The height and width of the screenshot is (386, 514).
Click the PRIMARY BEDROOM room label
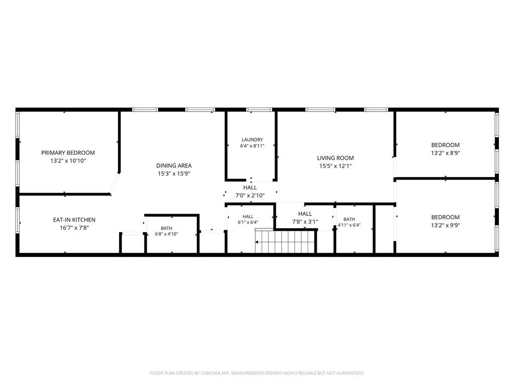(x=68, y=153)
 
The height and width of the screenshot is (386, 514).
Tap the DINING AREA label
(x=174, y=166)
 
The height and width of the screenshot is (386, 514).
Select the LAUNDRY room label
(x=252, y=140)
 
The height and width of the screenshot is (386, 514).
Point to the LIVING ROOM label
(x=335, y=158)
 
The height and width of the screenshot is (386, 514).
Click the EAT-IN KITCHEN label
(x=74, y=220)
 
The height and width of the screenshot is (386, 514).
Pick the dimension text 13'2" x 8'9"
(x=445, y=153)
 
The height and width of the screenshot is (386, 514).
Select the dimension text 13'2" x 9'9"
(x=445, y=225)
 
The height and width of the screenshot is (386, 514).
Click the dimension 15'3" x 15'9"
(x=174, y=173)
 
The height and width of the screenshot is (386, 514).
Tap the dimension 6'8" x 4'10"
(x=166, y=234)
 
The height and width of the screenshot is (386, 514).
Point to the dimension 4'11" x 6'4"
(x=349, y=225)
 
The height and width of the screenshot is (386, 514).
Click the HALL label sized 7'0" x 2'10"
(x=250, y=188)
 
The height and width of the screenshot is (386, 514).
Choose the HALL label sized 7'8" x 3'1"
(x=305, y=214)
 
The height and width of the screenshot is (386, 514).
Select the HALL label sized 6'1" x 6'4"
(x=248, y=217)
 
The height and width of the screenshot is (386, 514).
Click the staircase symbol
(x=286, y=241)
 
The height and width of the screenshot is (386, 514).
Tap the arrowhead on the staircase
(x=257, y=242)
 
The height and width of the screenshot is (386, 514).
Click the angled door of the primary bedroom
(x=115, y=183)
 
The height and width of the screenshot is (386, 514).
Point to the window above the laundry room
(x=259, y=110)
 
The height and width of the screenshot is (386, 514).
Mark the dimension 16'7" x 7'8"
(x=74, y=228)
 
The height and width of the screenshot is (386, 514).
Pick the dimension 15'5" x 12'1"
(x=335, y=166)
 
